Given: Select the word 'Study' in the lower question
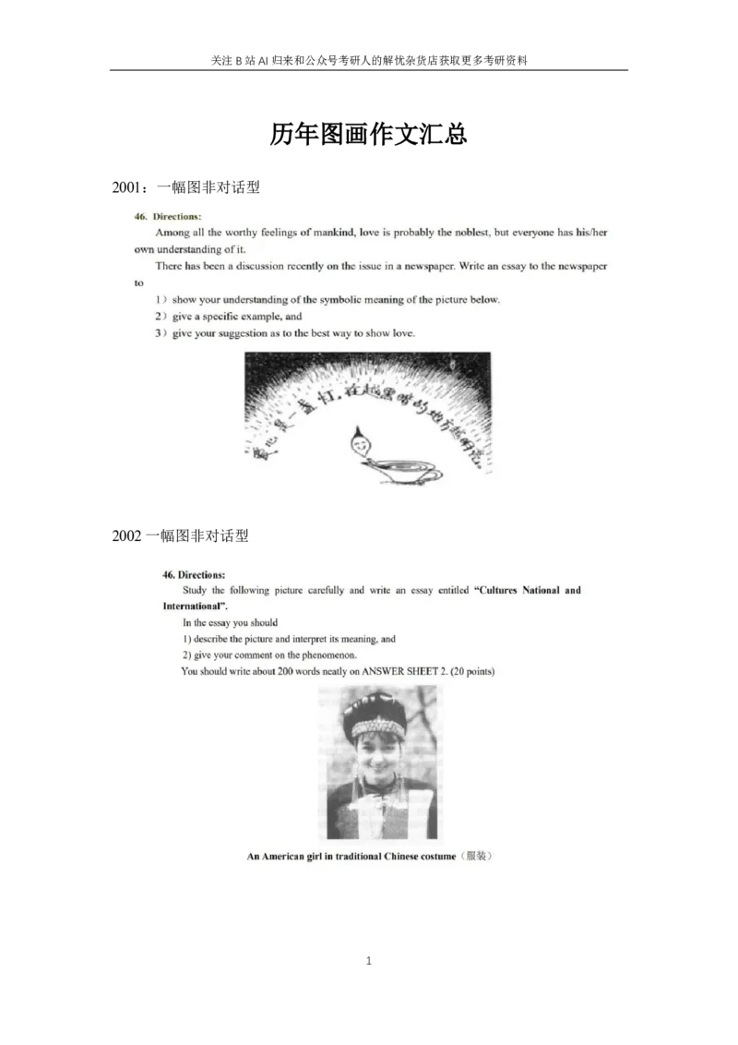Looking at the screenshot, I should pos(195,590).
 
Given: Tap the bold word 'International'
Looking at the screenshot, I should pos(193,607).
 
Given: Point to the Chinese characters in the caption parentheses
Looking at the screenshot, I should pos(475,857).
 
